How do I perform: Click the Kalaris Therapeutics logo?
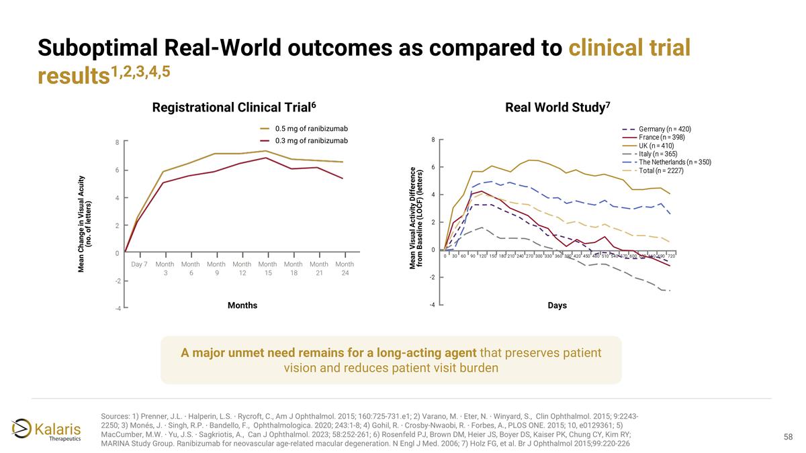(x=46, y=430)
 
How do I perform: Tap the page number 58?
(x=789, y=437)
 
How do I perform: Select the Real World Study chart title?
(x=557, y=107)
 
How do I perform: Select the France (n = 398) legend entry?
(x=662, y=137)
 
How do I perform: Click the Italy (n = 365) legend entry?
(x=658, y=154)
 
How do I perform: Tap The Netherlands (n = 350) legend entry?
(x=674, y=162)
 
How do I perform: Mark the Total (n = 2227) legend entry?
(x=661, y=170)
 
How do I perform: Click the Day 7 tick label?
(x=139, y=264)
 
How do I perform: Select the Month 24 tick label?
(x=345, y=268)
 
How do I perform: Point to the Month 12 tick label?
(x=242, y=268)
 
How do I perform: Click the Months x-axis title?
(x=242, y=305)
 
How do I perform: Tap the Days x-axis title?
(x=557, y=305)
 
